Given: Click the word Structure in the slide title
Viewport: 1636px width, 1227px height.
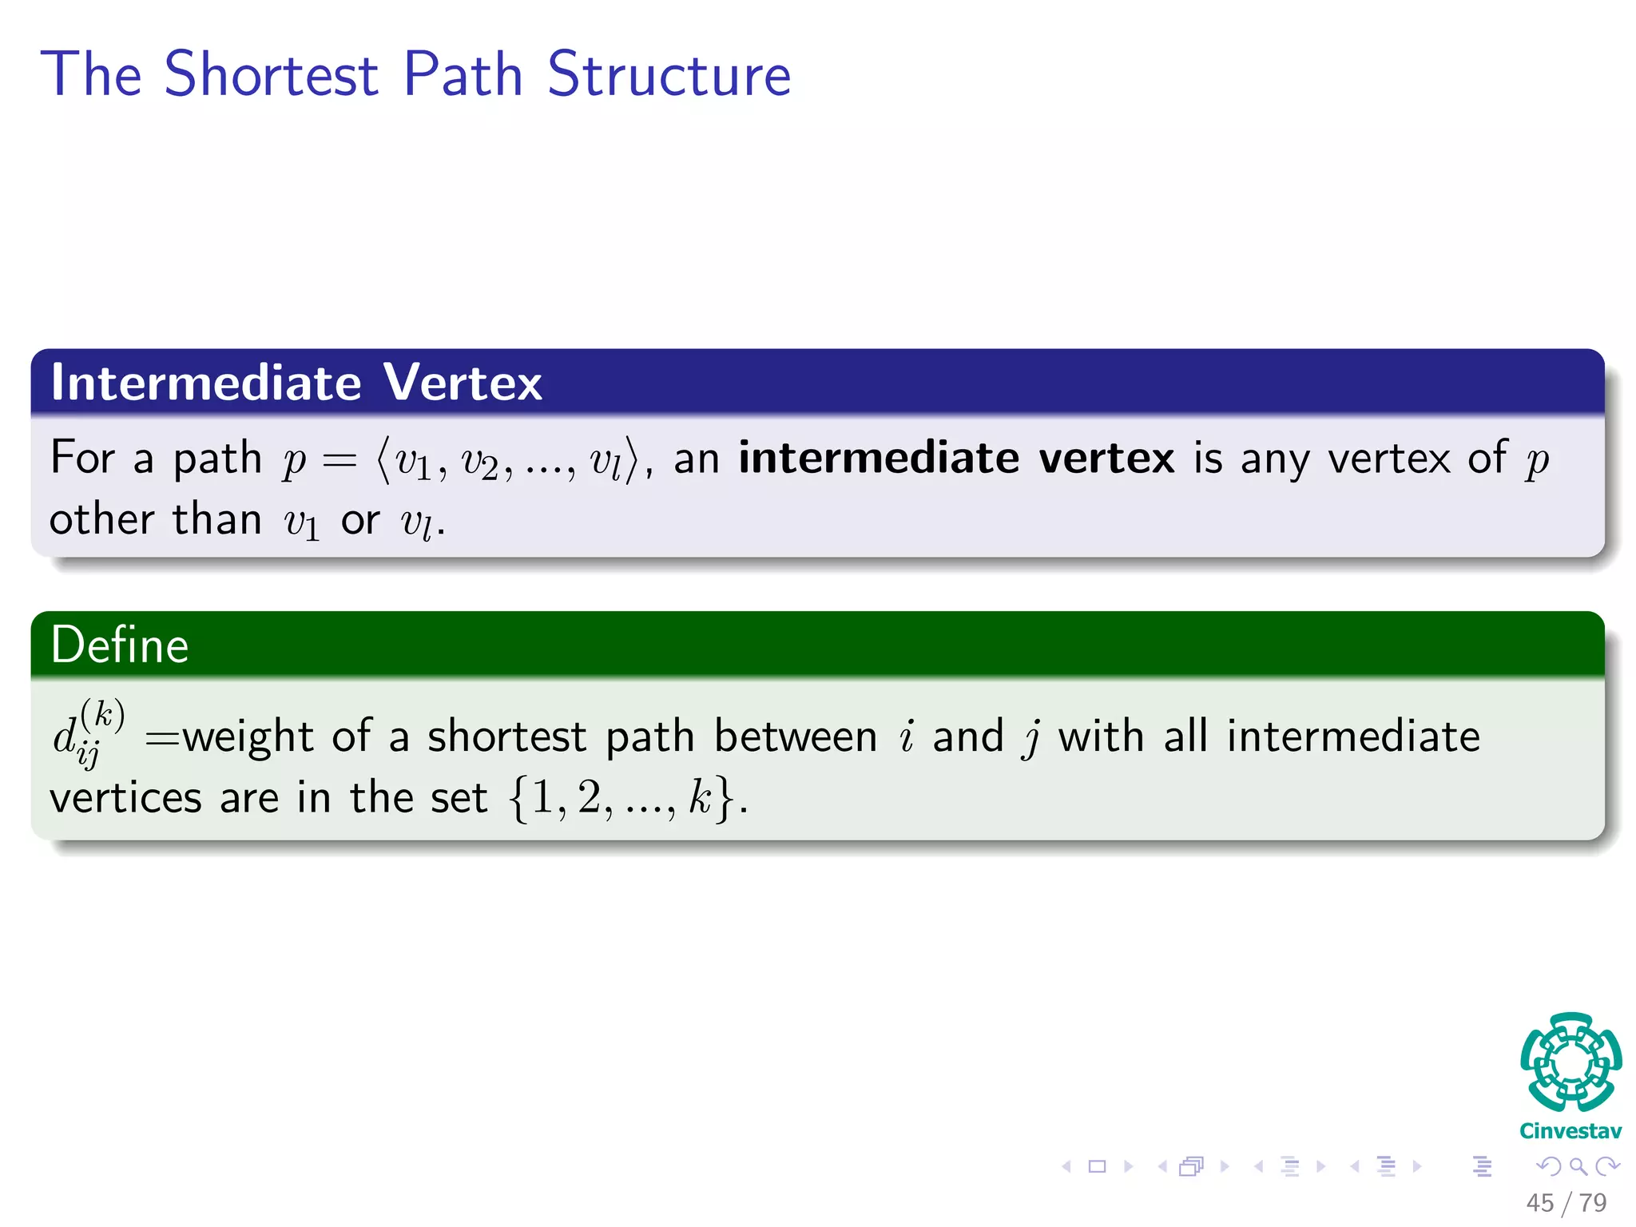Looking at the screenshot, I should [669, 74].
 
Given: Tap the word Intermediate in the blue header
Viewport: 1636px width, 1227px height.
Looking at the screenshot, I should [206, 382].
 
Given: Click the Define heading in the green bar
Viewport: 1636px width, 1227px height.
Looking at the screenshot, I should [120, 645].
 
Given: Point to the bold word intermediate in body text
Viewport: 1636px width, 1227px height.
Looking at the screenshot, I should [878, 458].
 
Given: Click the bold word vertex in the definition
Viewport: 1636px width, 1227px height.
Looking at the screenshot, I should [1106, 459].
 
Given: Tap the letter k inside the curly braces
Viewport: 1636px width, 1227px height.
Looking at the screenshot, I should [700, 797].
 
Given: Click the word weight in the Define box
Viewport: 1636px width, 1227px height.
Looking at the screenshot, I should [248, 737].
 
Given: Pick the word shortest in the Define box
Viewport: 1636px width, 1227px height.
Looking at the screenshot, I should [506, 737].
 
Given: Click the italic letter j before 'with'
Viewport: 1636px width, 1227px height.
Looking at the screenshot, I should [1031, 737].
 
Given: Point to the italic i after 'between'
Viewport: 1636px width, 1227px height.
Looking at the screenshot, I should [906, 737].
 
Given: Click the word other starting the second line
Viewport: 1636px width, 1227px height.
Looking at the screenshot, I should [101, 520].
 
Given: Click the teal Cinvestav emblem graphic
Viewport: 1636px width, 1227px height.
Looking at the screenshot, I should [1570, 1062].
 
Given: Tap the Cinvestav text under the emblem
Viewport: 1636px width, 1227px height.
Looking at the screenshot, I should [1570, 1131].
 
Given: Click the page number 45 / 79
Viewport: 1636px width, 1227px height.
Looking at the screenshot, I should [1566, 1202].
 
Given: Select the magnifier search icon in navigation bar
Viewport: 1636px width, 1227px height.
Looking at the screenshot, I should [1578, 1166].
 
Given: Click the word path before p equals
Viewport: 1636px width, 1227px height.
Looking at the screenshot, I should [217, 459].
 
